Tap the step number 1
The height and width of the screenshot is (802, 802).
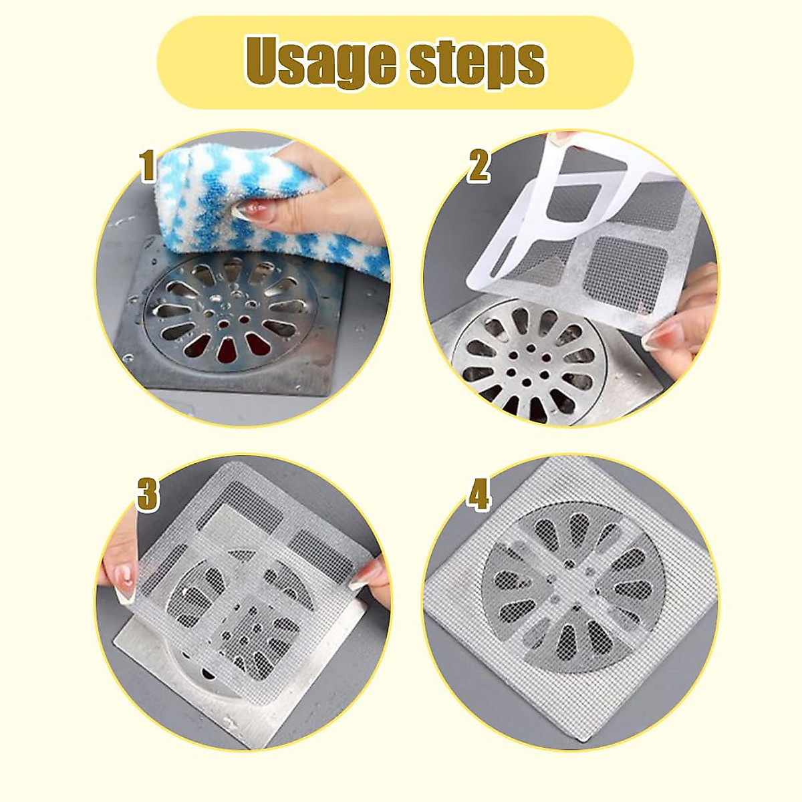[148, 166]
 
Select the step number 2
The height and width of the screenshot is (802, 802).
[479, 166]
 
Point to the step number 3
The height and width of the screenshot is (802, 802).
[147, 495]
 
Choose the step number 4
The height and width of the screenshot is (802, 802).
[479, 495]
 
